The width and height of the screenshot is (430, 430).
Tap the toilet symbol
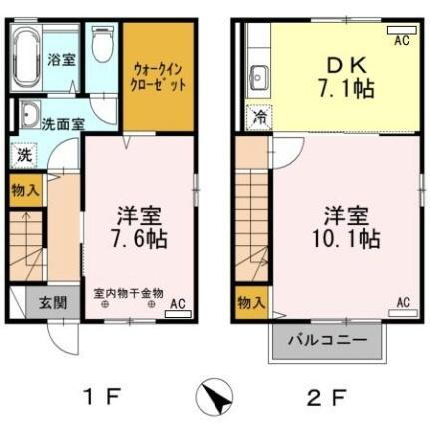[x=101, y=47]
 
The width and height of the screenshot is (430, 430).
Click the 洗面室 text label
[x=63, y=124]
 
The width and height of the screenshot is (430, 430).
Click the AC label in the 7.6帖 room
[x=177, y=304]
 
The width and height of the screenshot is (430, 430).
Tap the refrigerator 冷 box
[x=258, y=116]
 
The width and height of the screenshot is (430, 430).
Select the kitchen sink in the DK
[x=257, y=76]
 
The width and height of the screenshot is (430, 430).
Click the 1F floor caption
[x=102, y=398]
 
